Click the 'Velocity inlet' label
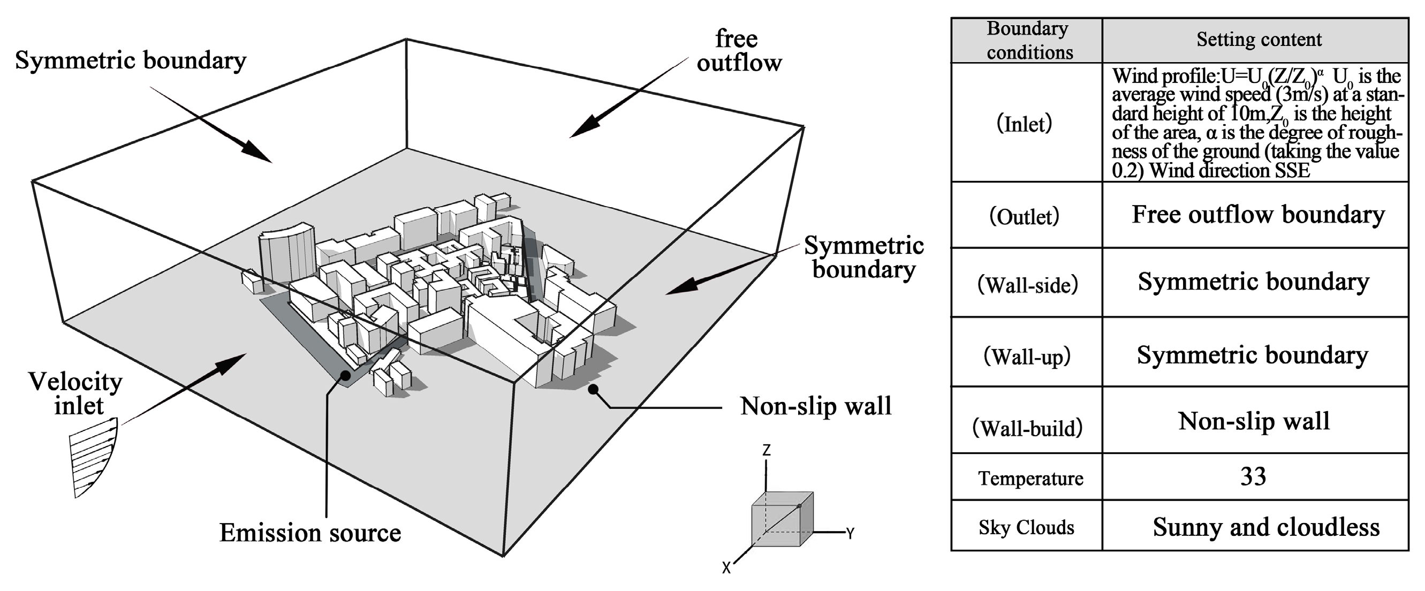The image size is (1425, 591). pos(76,393)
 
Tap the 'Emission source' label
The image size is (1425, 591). pos(310,533)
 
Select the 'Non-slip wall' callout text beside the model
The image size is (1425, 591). pos(815,407)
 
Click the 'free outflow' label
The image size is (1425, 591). pos(739,51)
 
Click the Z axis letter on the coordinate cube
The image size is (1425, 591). pos(766,450)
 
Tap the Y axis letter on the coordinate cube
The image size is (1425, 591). pos(850,533)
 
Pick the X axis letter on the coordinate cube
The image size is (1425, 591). pos(726,568)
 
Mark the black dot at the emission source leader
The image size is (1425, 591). pos(346,375)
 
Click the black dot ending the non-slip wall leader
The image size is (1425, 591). pos(593,389)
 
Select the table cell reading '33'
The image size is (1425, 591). pos(1253,476)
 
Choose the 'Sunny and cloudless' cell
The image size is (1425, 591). pos(1265,527)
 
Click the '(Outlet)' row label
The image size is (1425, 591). pos(1025,216)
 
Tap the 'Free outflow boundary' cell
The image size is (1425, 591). pos(1258,215)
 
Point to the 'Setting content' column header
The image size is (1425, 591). pos(1259,40)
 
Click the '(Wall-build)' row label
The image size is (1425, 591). pos(1027,428)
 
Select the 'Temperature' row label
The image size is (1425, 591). pos(1030,478)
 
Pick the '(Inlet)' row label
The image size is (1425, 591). pos(1024,124)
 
